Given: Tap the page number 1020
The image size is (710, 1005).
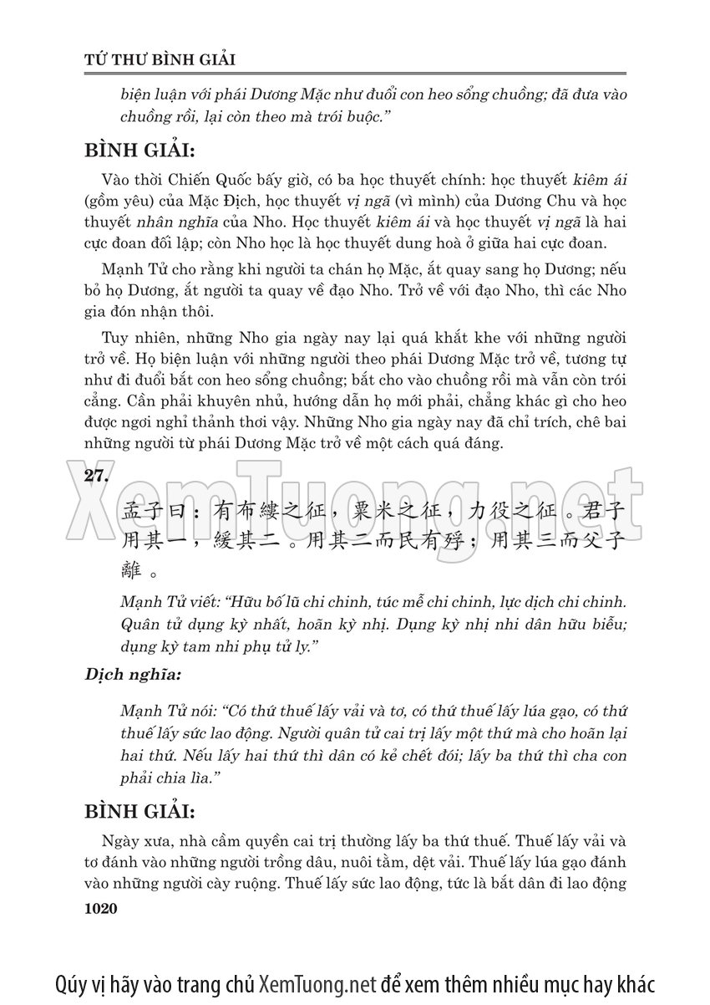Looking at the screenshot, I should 104,909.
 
